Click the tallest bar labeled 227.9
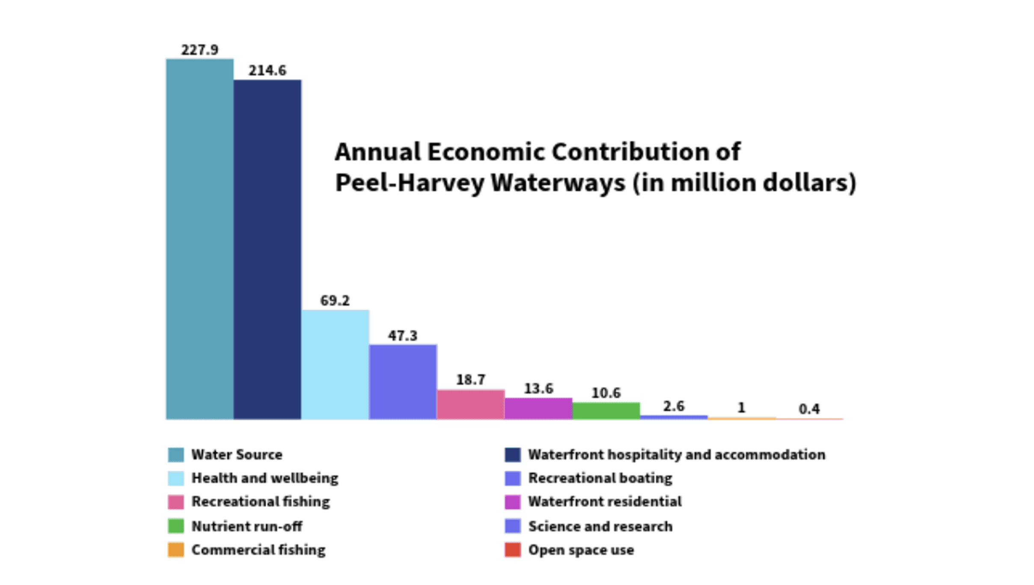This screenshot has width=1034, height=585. [200, 239]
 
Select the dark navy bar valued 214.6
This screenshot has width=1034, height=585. [267, 249]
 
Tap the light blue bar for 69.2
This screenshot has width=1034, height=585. [335, 365]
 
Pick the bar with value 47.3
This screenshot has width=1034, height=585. [403, 382]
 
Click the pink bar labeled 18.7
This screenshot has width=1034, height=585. [471, 405]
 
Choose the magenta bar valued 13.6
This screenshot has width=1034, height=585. [538, 409]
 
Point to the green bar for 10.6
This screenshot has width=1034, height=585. [606, 411]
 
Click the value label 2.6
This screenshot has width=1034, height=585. [674, 406]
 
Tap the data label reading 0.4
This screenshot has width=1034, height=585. [809, 409]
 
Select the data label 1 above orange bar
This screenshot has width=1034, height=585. [742, 408]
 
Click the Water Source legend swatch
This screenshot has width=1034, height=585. [176, 455]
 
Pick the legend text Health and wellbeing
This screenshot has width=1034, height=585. [265, 478]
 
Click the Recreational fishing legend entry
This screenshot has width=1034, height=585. [249, 502]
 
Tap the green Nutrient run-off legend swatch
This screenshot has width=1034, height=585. [176, 526]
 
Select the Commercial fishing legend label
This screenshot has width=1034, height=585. [258, 550]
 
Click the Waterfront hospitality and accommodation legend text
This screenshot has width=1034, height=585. [677, 455]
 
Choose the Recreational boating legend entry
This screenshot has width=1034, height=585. [588, 478]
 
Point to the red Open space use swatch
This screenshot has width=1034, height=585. [513, 550]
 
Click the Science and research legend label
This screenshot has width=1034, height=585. [600, 526]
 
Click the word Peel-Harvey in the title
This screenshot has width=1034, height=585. [410, 183]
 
